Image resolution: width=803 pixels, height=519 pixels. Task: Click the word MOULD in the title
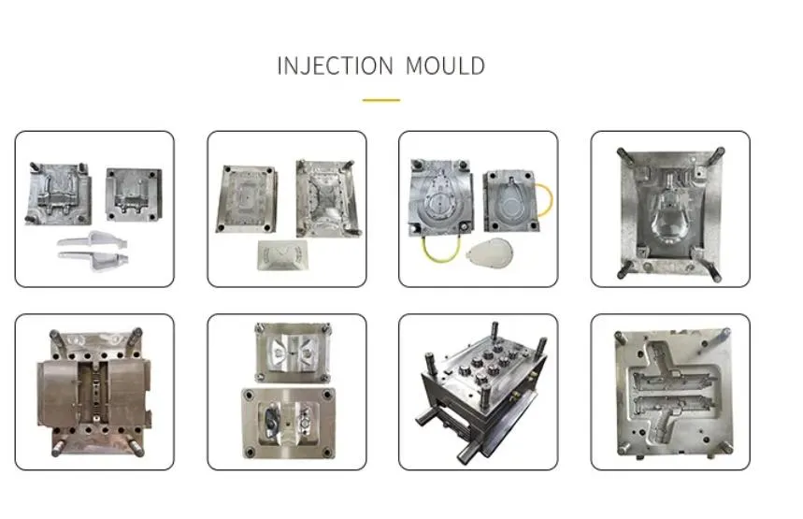coord(445,66)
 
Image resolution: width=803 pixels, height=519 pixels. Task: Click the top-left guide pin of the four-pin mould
coord(619,152)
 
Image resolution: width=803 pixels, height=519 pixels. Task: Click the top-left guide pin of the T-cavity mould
coord(618,334)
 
